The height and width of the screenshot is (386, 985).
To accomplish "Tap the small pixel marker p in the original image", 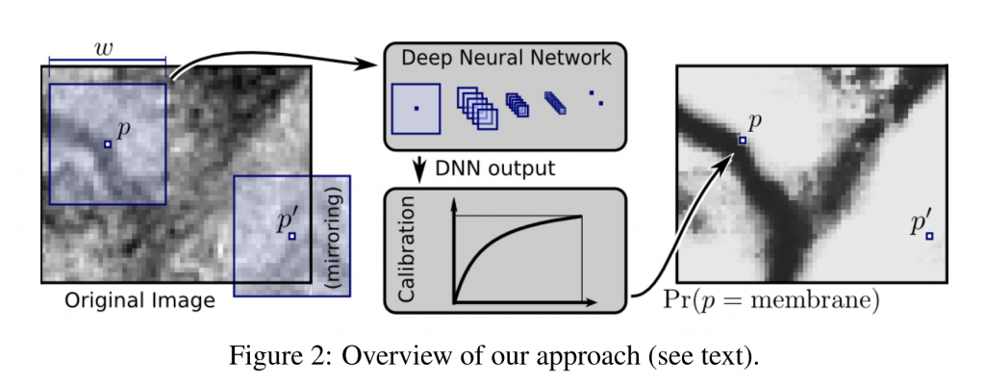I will click(x=109, y=144).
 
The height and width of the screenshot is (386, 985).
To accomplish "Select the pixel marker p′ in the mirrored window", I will click(x=292, y=235).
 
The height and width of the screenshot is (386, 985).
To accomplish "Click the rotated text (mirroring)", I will click(x=336, y=235).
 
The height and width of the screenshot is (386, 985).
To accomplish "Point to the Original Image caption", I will click(x=140, y=300).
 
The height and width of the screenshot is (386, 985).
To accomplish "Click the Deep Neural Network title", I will click(x=505, y=58).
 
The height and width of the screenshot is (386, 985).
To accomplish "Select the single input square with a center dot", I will click(x=416, y=108).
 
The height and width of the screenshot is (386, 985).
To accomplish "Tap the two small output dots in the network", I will click(x=596, y=98).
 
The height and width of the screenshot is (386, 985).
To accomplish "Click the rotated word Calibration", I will click(x=404, y=249).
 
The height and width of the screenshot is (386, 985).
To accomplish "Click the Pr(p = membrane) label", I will click(x=772, y=300).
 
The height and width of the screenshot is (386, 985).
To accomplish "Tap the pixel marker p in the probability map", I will click(x=743, y=141).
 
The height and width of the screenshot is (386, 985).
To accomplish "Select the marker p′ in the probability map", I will click(x=929, y=235).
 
